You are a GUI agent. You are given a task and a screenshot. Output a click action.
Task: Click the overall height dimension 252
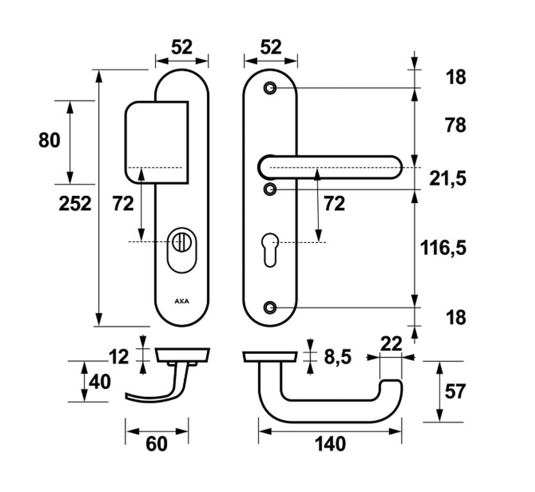coord(75,204)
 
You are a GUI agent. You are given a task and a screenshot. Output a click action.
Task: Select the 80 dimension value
coord(50,140)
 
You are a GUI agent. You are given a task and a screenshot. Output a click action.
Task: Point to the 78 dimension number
coord(455,125)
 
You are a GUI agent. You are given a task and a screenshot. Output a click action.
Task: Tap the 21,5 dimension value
coord(448,179)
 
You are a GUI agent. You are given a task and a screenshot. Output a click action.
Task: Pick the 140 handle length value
coord(331,443)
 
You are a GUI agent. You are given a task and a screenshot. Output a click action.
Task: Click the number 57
coord(455,391)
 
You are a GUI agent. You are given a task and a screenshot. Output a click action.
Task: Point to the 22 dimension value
coord(391,344)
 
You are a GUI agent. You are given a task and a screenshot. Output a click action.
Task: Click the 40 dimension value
coord(100,382)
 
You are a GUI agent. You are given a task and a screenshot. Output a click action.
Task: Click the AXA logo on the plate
coord(181,300)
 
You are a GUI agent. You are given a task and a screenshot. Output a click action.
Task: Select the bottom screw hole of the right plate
coord(270,308)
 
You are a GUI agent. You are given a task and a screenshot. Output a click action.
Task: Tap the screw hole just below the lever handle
coord(270,189)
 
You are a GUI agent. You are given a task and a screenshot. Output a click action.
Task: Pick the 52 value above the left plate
coord(182,47)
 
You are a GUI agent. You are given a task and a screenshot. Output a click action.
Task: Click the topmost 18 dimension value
coord(455,77)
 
